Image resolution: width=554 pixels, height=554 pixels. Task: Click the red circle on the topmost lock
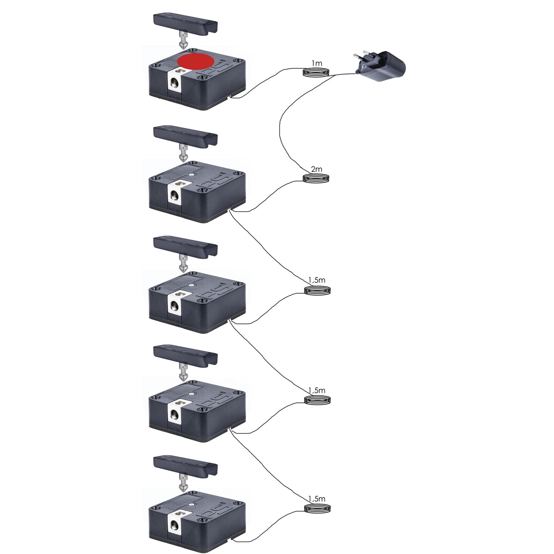point(195,61)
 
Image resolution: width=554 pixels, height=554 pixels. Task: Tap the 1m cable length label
point(317,64)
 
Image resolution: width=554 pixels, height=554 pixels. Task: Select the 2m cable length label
point(317,170)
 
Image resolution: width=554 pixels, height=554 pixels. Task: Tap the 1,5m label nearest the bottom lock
point(317,499)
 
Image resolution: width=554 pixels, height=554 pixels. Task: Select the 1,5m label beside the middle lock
point(317,280)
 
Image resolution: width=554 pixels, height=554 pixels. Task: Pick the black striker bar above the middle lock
point(185,247)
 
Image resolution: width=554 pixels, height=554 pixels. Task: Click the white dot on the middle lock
point(191,285)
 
